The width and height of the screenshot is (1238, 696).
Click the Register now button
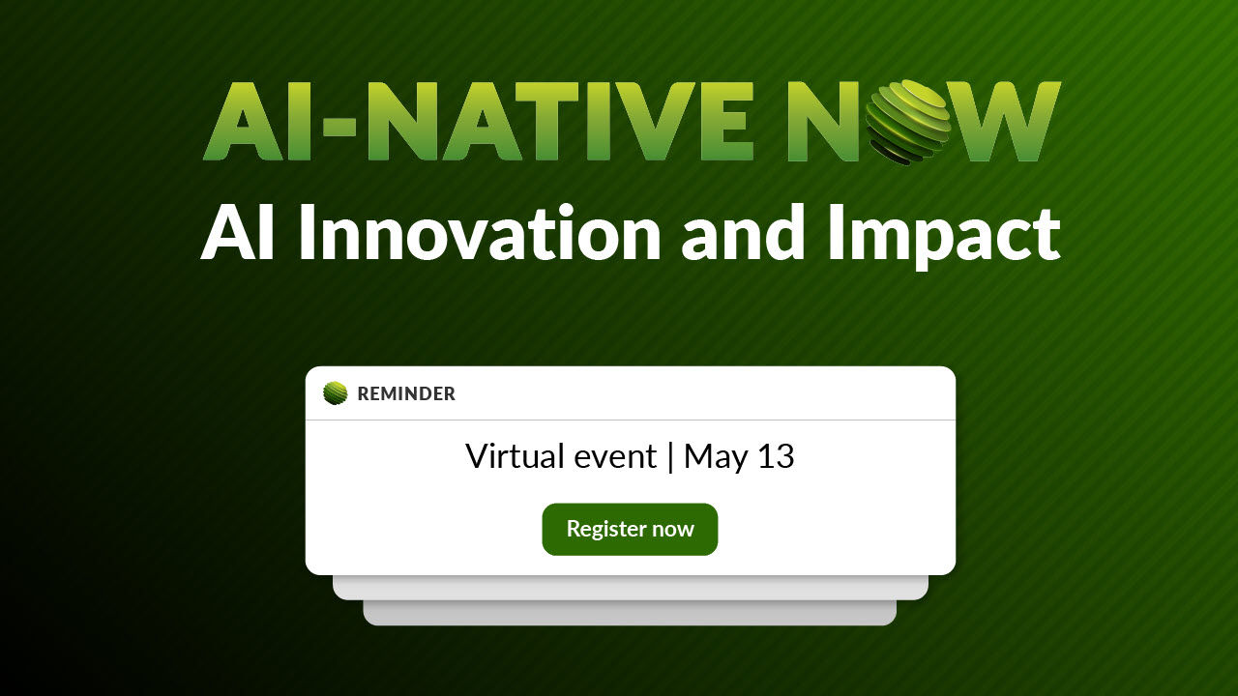(x=630, y=529)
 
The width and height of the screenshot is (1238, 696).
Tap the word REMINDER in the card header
(x=406, y=393)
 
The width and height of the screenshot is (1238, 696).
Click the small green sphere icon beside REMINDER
(x=336, y=393)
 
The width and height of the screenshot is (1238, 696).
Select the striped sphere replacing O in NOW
(x=907, y=122)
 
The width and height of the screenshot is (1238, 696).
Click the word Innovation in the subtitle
(x=480, y=232)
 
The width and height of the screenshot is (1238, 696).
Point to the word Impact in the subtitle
(x=943, y=237)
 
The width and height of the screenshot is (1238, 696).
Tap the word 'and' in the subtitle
(x=743, y=232)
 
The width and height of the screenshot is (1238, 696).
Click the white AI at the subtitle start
(x=238, y=232)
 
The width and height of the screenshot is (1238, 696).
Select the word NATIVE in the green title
(x=559, y=122)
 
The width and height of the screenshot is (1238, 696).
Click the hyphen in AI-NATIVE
(x=339, y=128)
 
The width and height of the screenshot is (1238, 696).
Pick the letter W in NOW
(x=1004, y=122)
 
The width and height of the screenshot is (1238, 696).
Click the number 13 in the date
(x=776, y=456)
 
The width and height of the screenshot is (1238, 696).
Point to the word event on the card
(x=615, y=458)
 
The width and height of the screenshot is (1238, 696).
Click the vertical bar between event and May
(x=670, y=457)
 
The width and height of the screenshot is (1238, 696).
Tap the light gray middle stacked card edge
(x=630, y=588)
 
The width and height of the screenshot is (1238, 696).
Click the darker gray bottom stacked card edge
(x=630, y=613)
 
